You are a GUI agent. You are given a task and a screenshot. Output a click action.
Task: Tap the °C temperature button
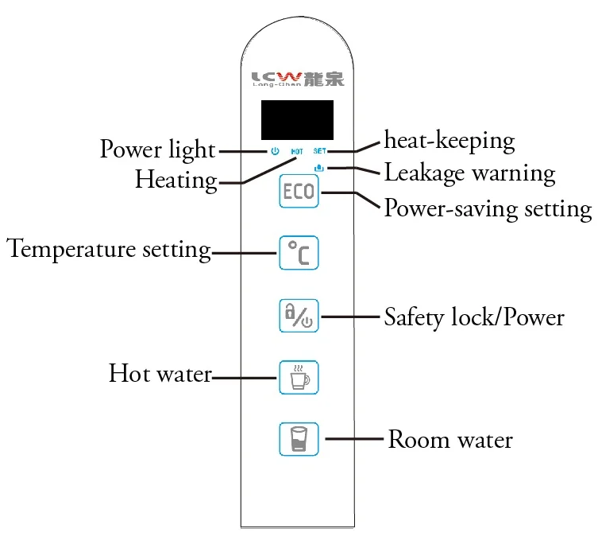(298, 253)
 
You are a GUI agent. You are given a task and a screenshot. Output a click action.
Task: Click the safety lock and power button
(298, 316)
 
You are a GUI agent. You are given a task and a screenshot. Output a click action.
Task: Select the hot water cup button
(298, 377)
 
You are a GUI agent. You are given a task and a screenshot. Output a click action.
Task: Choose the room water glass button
(298, 438)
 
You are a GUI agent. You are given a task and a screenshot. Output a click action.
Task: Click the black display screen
(298, 120)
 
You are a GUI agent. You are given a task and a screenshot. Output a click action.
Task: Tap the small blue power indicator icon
(274, 150)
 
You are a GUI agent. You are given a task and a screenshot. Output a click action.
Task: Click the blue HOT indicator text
(296, 151)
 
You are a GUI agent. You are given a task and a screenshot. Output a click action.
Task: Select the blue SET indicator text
(320, 150)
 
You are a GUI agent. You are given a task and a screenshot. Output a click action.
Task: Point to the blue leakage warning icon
(319, 168)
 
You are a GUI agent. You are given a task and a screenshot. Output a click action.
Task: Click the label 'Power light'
(157, 150)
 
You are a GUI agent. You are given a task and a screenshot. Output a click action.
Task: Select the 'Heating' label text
(176, 180)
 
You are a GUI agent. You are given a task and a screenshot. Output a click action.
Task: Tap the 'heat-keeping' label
(449, 142)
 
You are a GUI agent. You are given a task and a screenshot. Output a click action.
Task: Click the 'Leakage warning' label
(469, 172)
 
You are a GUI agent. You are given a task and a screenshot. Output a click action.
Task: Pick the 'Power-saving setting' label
(488, 208)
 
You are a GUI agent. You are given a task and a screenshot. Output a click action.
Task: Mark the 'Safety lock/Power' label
(474, 317)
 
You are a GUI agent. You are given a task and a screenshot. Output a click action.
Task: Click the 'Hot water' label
(160, 374)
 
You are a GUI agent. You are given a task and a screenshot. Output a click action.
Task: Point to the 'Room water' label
(450, 439)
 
